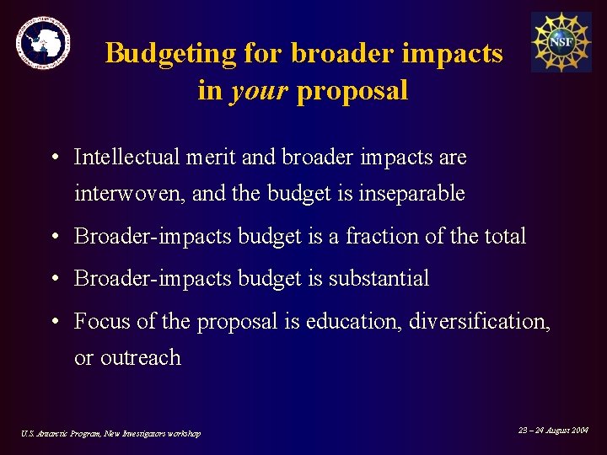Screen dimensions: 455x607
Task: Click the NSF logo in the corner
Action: [x=561, y=41]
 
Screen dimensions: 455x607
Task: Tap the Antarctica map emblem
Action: [x=43, y=42]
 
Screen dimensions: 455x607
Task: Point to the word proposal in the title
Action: [x=352, y=90]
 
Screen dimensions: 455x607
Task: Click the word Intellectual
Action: [x=127, y=158]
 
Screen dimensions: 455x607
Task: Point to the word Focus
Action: [x=99, y=321]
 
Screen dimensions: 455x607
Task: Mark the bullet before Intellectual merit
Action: [x=53, y=158]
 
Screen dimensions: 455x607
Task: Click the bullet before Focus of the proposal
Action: [x=53, y=322]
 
